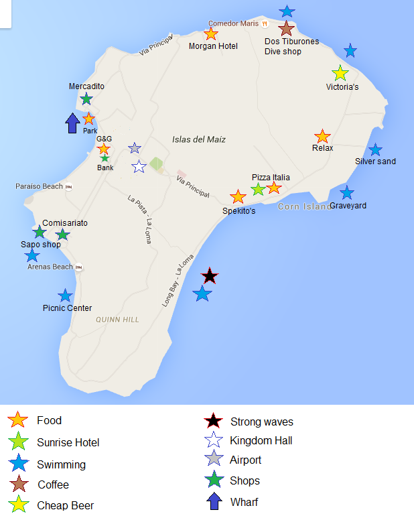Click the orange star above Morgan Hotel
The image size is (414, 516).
[x=211, y=34]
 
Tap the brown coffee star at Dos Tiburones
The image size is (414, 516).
[x=287, y=29]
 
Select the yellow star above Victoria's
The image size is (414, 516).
[x=340, y=74]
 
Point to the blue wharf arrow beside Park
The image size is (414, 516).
[x=72, y=123]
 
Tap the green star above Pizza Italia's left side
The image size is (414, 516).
[x=258, y=189]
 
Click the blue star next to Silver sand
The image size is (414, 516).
[x=375, y=150]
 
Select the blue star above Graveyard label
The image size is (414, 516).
[x=346, y=193]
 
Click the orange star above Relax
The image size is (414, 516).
[x=322, y=136]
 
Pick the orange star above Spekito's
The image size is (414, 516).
[x=238, y=197]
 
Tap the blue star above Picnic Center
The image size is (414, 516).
[x=65, y=296]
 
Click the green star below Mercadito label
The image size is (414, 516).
[x=86, y=99]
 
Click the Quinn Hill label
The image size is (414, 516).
[x=117, y=320]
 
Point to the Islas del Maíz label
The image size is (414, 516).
[x=199, y=140]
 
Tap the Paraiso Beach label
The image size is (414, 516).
[x=39, y=186]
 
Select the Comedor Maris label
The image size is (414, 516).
[x=233, y=23]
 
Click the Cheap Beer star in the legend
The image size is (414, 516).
[x=18, y=505]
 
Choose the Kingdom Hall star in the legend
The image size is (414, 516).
[x=213, y=441]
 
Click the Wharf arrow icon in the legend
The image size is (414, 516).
[x=214, y=501]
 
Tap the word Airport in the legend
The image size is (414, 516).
[x=245, y=460]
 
